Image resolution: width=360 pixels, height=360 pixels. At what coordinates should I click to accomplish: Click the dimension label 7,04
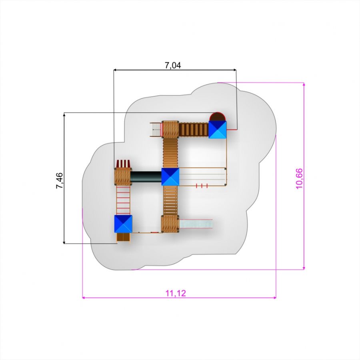tap(173, 66)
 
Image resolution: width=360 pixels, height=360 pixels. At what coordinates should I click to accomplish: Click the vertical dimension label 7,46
tap(59, 181)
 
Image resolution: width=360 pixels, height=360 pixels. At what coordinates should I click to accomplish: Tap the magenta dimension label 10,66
tap(299, 179)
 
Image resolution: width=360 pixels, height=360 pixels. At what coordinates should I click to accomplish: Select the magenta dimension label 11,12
tap(176, 293)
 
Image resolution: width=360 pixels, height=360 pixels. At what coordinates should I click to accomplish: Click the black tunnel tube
tap(146, 177)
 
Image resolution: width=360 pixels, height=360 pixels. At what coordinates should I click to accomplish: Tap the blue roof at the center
tap(170, 176)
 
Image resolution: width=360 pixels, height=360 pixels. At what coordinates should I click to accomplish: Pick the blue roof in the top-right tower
tap(218, 130)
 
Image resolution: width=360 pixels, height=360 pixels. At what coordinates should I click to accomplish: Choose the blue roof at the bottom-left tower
tap(123, 224)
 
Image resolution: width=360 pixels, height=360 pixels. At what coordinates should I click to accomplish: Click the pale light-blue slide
tap(196, 224)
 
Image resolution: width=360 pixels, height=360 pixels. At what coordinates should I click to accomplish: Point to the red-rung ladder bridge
tap(123, 200)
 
